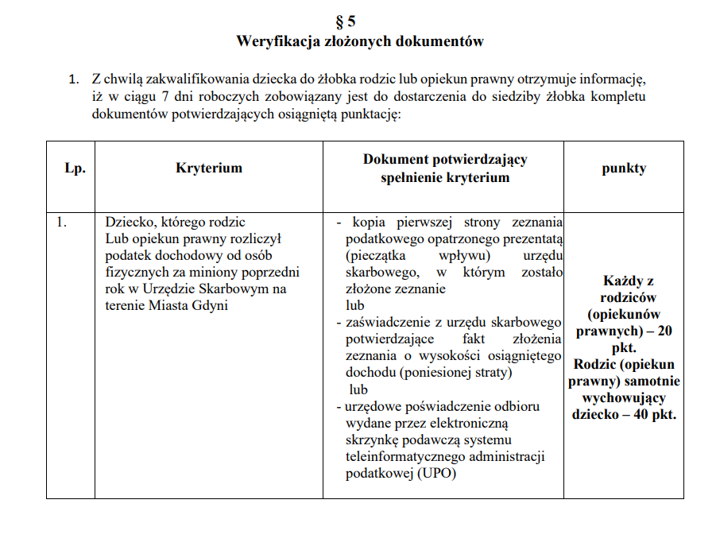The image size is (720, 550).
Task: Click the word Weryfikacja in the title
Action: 274,41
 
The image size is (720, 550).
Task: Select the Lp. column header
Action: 75,168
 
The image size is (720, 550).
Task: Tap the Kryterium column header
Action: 209,168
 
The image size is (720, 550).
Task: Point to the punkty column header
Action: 624,168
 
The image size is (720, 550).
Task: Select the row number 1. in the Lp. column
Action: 62,223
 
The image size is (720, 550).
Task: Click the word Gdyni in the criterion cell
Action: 211,306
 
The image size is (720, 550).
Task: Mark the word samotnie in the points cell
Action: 655,381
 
